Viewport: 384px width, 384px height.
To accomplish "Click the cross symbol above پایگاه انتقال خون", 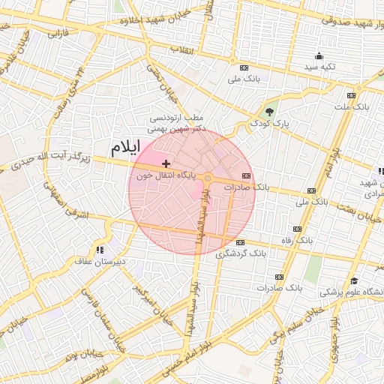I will click(x=166, y=163).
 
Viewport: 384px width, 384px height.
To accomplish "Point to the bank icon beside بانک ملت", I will click(x=351, y=95).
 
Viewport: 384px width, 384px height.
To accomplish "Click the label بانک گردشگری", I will click(x=238, y=254).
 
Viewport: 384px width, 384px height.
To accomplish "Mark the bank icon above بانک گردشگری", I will click(x=240, y=242).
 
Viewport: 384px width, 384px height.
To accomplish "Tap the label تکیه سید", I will click(x=319, y=67).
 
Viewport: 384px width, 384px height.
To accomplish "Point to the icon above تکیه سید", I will click(x=319, y=55).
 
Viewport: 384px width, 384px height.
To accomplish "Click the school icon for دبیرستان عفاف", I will click(x=100, y=250).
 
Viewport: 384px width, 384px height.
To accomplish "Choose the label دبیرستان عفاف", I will click(x=97, y=262).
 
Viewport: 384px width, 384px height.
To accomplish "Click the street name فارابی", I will click(x=57, y=34).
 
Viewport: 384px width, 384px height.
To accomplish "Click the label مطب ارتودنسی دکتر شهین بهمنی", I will click(x=178, y=124).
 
